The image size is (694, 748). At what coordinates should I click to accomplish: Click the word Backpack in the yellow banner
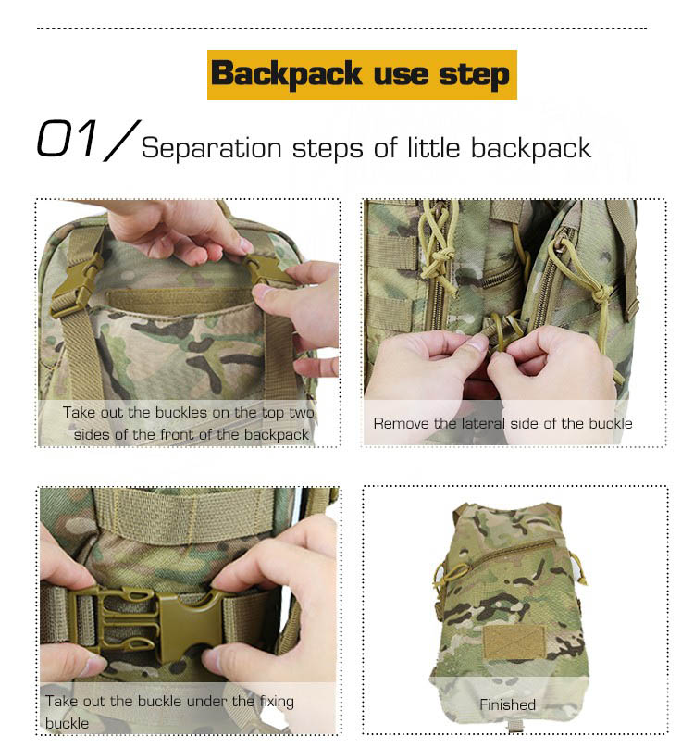click(x=287, y=74)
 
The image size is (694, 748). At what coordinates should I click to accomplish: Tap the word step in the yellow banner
click(x=474, y=75)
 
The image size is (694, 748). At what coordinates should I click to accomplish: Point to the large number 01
click(x=68, y=139)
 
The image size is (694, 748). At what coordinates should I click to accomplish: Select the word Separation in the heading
click(x=211, y=148)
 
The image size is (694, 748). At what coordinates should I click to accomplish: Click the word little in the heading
click(x=434, y=147)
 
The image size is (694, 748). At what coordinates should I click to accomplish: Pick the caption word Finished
click(x=507, y=704)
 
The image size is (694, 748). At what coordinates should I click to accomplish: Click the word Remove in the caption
click(x=402, y=424)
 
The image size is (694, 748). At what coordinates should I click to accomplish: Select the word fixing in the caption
click(x=277, y=702)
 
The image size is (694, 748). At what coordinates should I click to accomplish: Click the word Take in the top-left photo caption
click(x=80, y=412)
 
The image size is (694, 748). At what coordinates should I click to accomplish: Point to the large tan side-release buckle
click(x=146, y=622)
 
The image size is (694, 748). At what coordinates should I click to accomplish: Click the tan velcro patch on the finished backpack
click(x=514, y=642)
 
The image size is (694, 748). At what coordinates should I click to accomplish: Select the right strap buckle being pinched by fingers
click(x=267, y=270)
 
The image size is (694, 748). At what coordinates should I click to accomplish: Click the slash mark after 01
click(x=121, y=141)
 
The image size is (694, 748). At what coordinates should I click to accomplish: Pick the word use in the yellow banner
click(x=401, y=75)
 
